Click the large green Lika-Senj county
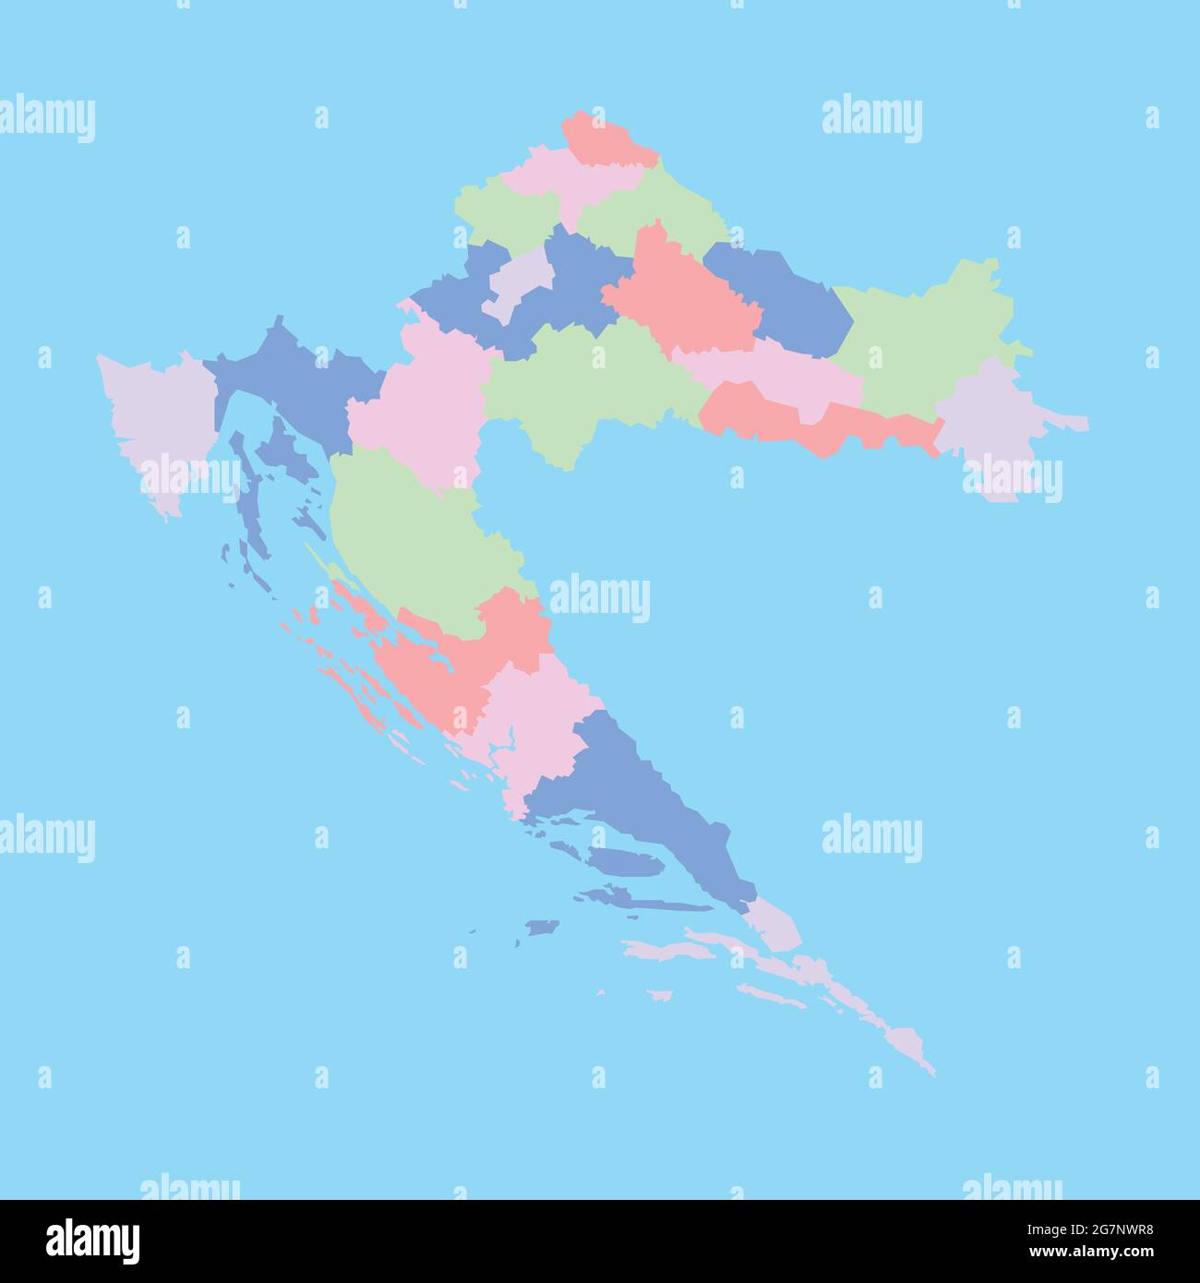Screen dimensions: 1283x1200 click(x=415, y=535)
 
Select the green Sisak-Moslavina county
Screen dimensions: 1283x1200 click(x=582, y=378)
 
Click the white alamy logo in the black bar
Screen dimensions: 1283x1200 click(x=93, y=1239)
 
